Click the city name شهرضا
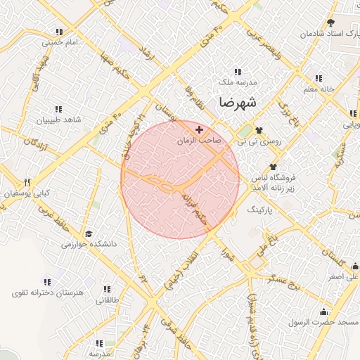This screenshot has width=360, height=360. coord(238,103)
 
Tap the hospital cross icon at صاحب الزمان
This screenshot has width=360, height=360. coord(199,130)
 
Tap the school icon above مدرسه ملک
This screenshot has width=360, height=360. coord(237,71)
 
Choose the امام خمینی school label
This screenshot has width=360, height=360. coord(58,42)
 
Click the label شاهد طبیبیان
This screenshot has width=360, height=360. coord(59,120)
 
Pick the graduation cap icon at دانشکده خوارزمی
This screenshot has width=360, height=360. coord(89,233)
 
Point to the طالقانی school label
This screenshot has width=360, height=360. coord(108,300)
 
